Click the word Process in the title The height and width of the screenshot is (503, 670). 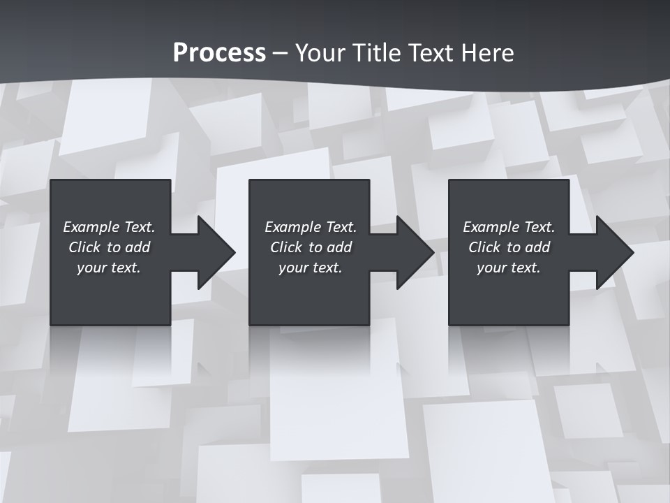point(219,53)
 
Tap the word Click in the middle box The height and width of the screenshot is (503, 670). point(286,247)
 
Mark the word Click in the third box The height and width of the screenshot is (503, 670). point(484,247)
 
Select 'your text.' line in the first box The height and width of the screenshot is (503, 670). point(109,268)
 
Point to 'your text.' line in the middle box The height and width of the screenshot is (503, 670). point(311,268)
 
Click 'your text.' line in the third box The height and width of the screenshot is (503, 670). point(509,268)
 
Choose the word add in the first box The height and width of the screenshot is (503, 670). point(137,247)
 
